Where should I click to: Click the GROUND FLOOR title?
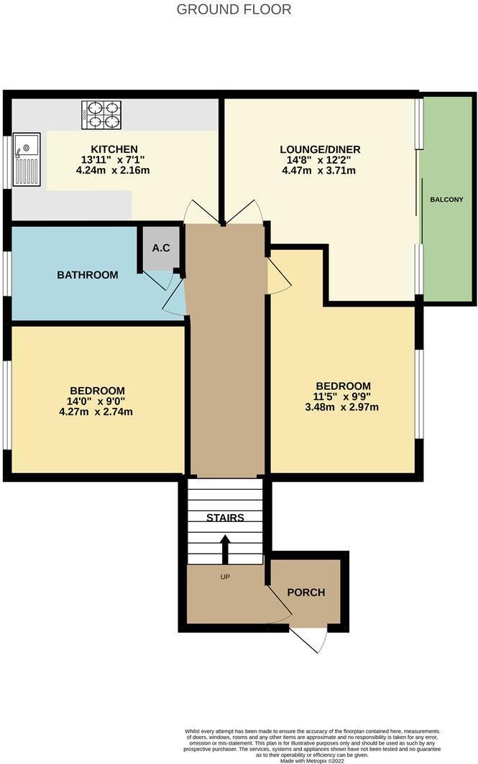click(x=234, y=9)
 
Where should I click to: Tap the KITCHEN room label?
click(x=114, y=149)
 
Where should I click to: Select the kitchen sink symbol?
click(x=27, y=162)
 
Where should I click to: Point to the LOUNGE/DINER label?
click(x=320, y=149)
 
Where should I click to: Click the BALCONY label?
click(x=446, y=199)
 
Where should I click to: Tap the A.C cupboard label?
click(x=160, y=248)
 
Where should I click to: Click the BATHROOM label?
click(x=87, y=274)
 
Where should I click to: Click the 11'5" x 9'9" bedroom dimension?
click(x=341, y=396)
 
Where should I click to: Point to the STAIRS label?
click(x=225, y=518)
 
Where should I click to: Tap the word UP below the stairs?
click(x=225, y=576)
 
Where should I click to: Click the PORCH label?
click(x=306, y=592)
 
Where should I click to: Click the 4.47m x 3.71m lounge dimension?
click(x=320, y=170)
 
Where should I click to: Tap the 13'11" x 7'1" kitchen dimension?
click(x=114, y=160)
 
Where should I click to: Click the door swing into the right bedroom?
click(x=279, y=277)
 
